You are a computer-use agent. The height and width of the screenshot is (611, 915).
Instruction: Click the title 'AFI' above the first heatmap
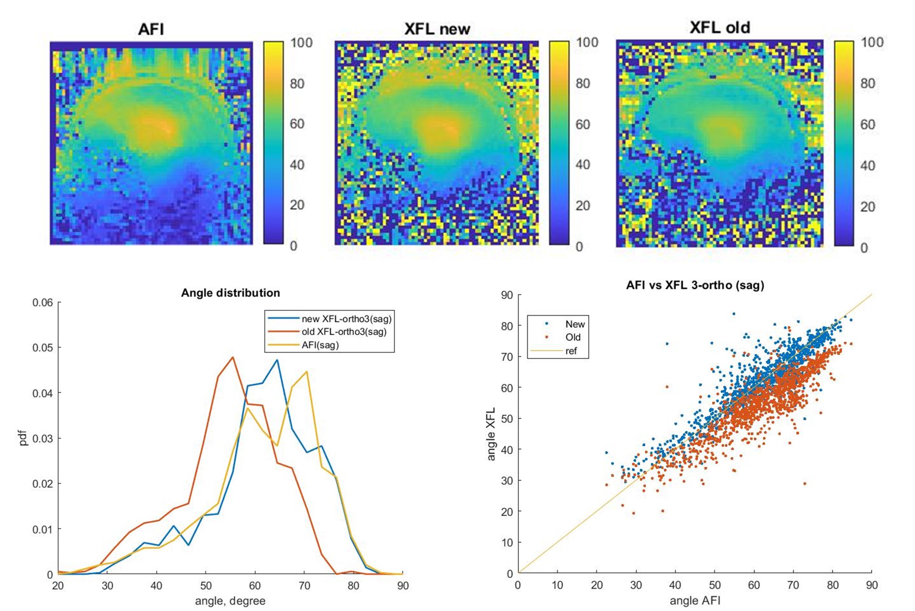pos(151,30)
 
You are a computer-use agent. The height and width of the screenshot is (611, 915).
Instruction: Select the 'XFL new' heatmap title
pos(437,29)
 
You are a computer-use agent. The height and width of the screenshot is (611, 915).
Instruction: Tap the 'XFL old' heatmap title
pos(720,28)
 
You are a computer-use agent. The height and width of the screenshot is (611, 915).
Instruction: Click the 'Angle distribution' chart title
pos(230,293)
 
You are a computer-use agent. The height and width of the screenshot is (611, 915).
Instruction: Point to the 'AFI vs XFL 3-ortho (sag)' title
pos(695,285)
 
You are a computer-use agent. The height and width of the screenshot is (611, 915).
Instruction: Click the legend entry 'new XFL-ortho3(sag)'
pos(346,319)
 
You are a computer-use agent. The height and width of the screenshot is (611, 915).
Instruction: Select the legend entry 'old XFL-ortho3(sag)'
pos(344,332)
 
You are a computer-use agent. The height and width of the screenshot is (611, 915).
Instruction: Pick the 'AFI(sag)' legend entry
pos(320,345)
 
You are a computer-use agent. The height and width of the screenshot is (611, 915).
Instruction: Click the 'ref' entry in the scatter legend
pos(571,351)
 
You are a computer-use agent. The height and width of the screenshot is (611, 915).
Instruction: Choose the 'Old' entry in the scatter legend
pos(573,337)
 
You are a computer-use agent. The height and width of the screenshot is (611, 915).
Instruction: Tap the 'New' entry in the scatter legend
pos(575,324)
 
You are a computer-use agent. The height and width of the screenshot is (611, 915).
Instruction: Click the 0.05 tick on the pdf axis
pos(42,348)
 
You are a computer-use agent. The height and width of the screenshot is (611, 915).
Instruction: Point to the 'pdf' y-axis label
pos(23,438)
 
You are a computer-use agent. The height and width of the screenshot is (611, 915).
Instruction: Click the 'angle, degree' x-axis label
pos(230,601)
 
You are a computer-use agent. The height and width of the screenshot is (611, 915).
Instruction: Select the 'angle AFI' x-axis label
pos(695,600)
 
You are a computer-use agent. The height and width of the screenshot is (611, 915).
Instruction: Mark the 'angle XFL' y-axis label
pos(491,434)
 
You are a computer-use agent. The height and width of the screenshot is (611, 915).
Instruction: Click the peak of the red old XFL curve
pos(233,357)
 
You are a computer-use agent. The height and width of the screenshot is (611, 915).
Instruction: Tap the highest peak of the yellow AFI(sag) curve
pos(307,371)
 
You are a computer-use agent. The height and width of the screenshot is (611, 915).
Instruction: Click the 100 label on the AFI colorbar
pos(301,43)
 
